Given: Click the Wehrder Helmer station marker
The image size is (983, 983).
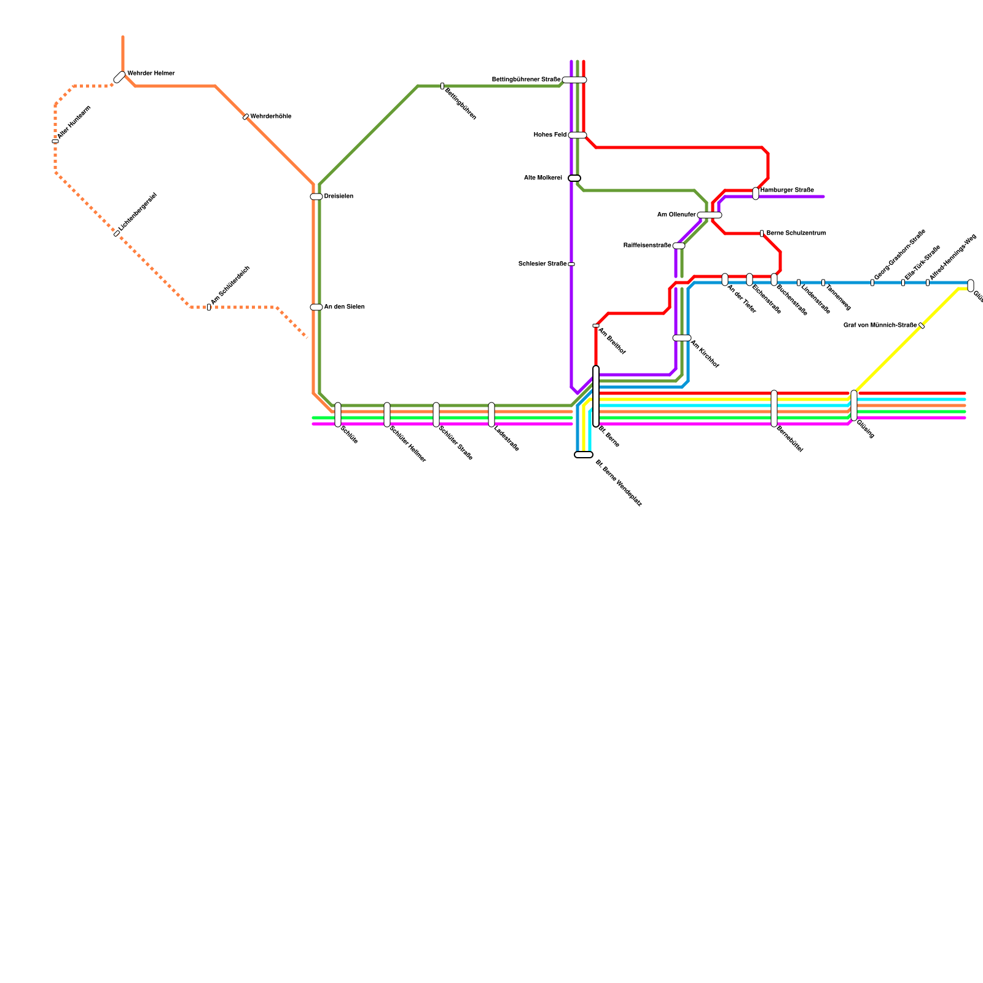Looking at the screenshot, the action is [120, 77].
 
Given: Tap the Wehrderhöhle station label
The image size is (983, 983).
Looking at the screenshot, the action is [270, 117].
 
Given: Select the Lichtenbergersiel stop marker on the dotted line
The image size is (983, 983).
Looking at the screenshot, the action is [117, 233].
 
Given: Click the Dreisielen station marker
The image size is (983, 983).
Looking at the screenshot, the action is [316, 197].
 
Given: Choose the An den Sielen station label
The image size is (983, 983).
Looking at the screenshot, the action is [344, 307].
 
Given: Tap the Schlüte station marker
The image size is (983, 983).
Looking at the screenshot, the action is [338, 415].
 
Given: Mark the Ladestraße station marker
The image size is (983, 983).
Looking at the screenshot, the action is [491, 415].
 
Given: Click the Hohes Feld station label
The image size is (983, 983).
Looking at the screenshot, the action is [550, 135].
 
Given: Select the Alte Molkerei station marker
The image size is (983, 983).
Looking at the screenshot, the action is [574, 178].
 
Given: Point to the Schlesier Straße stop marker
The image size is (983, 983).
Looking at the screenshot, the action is [571, 264].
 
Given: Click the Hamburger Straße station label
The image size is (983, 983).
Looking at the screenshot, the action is [786, 190].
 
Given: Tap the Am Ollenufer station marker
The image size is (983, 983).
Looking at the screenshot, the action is [710, 215].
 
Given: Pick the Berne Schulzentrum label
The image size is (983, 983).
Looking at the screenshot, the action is [796, 233].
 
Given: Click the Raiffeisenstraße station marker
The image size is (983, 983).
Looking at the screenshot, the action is [679, 246].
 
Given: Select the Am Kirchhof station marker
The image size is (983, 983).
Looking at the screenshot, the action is [682, 338].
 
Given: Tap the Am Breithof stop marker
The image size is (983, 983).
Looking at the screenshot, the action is [596, 326].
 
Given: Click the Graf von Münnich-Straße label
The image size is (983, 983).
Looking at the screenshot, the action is [880, 326].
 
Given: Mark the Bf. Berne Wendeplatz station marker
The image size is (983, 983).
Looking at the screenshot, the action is [584, 455].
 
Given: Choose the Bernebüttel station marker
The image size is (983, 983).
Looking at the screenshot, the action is [774, 409].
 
